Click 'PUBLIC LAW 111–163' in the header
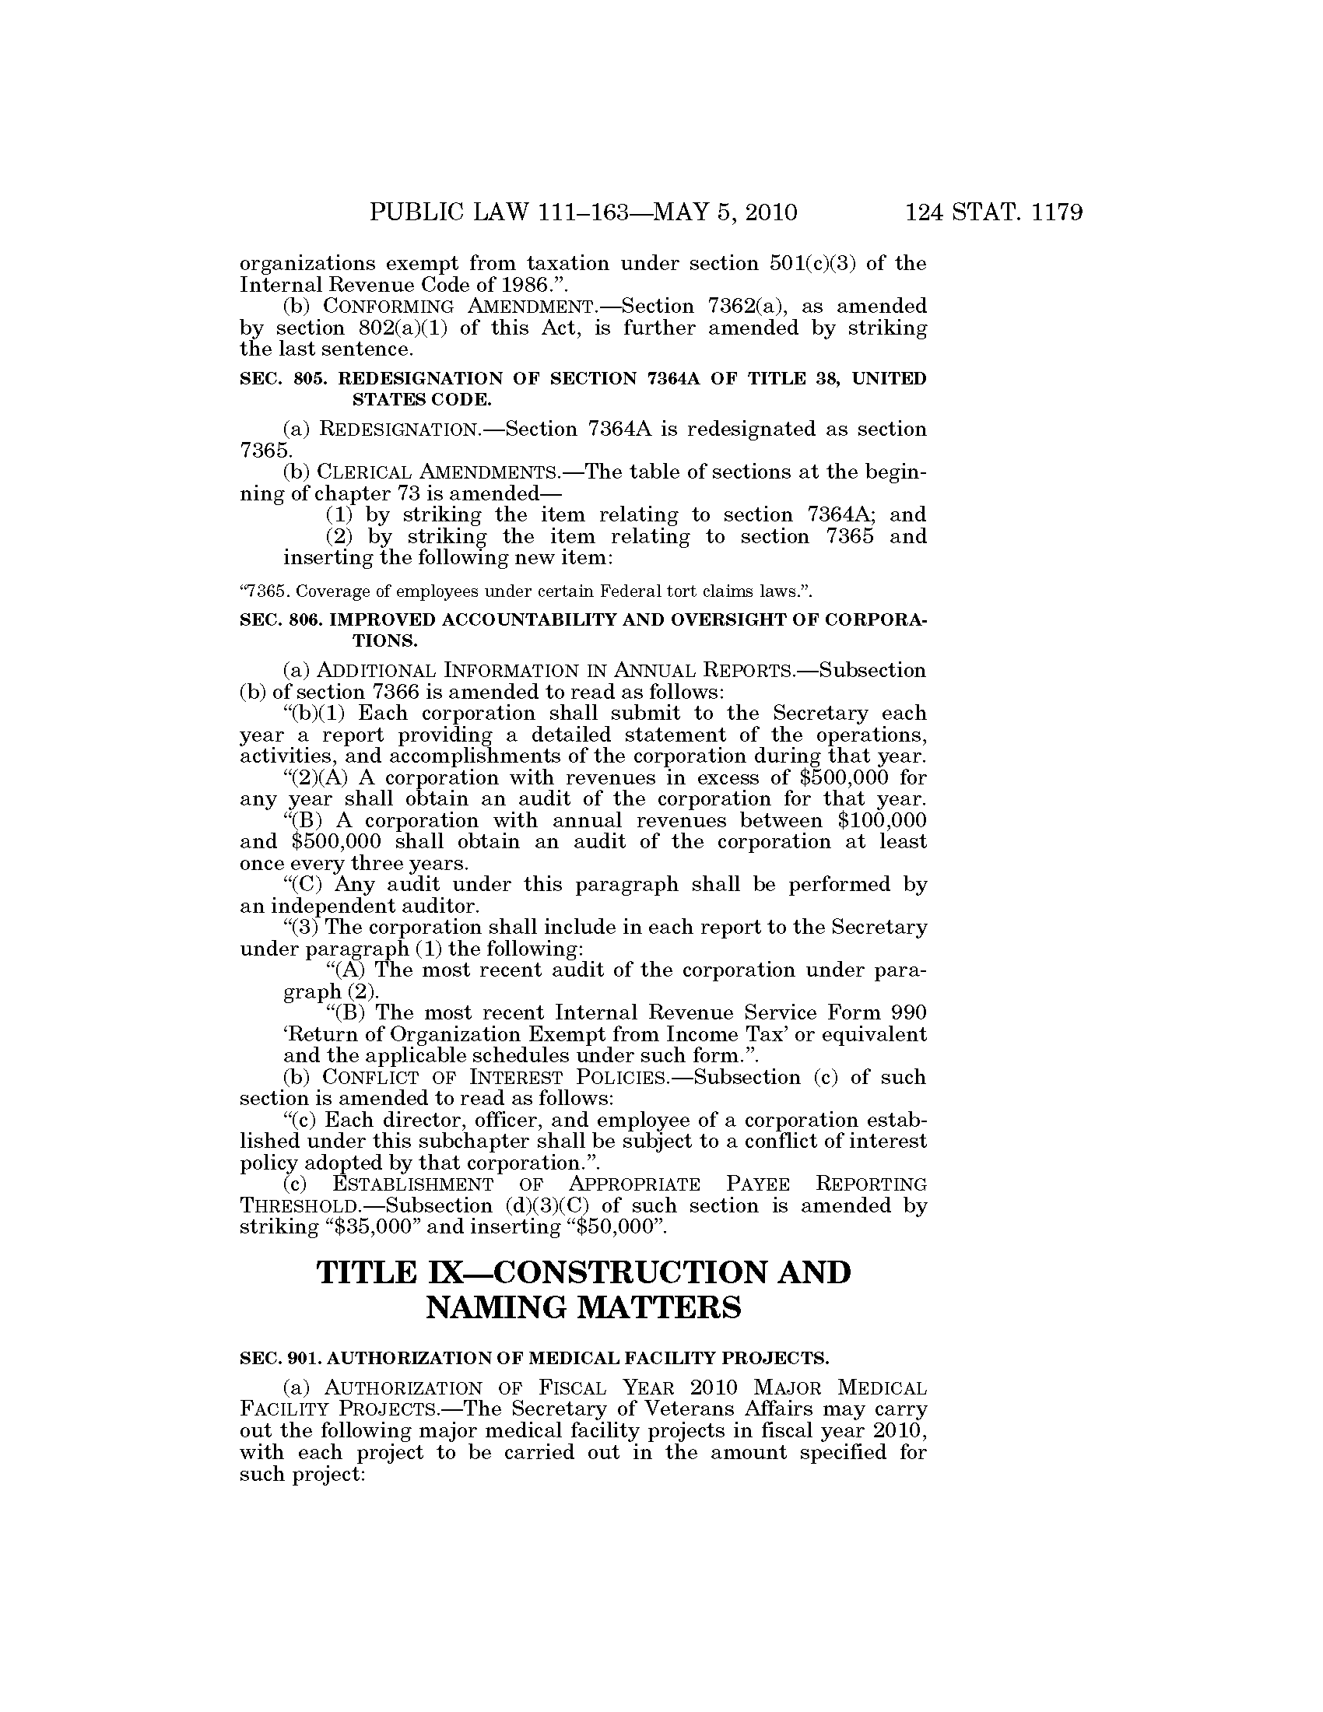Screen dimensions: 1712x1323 pos(500,213)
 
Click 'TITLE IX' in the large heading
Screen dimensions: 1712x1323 pos(371,1272)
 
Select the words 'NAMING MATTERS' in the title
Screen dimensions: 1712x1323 pos(582,1307)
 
